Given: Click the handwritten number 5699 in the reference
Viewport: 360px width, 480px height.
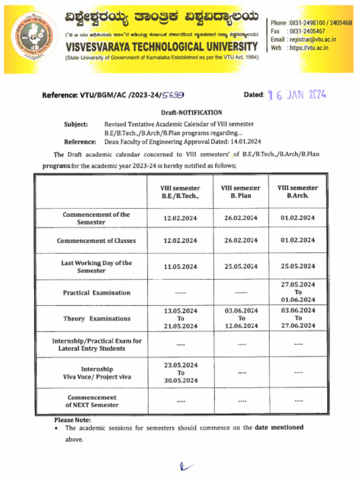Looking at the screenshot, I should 172,95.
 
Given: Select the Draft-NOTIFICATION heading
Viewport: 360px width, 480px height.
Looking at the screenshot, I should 191,112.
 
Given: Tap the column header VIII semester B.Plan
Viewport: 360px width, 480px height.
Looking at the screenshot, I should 240,192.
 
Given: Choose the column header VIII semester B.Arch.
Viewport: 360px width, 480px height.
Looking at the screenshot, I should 298,192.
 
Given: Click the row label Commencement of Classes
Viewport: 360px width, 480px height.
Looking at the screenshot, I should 96,241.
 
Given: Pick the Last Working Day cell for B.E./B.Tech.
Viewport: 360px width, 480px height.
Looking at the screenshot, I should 180,267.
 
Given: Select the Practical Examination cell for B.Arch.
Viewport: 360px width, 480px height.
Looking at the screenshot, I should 298,292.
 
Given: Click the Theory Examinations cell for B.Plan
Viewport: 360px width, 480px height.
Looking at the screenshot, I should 241,318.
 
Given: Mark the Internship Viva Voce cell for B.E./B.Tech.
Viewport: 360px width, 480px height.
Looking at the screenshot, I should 180,373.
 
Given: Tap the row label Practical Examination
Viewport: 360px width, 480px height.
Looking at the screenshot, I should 97,293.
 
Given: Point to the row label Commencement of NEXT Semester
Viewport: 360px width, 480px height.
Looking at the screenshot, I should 92,401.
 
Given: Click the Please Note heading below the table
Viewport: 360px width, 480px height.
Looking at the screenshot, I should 73,420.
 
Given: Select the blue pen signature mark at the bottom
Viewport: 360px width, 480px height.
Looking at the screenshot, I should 186,466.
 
